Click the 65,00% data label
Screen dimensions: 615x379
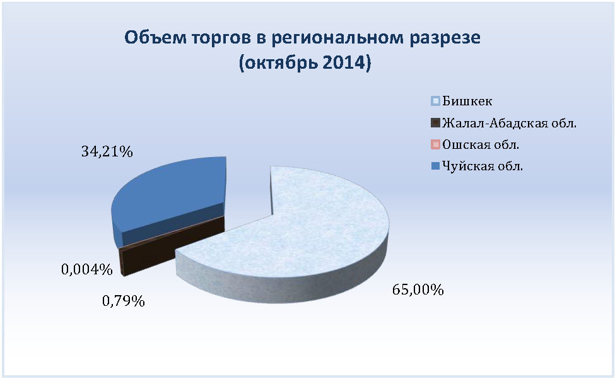pos(418,290)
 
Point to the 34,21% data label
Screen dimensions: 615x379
pos(107,152)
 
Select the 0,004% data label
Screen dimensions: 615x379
pos(87,270)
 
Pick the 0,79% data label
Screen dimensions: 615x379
pos(124,301)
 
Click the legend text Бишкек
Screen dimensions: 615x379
pos(467,101)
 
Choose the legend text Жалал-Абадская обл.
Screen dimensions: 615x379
pos(509,123)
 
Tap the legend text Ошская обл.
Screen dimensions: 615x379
pos(481,144)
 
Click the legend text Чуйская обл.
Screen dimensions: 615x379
pos(483,166)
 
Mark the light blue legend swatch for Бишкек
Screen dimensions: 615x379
pos(435,102)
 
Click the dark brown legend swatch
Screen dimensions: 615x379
pos(435,123)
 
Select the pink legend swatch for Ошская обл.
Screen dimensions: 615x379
pos(435,144)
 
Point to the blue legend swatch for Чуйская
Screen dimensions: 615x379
pos(435,166)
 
